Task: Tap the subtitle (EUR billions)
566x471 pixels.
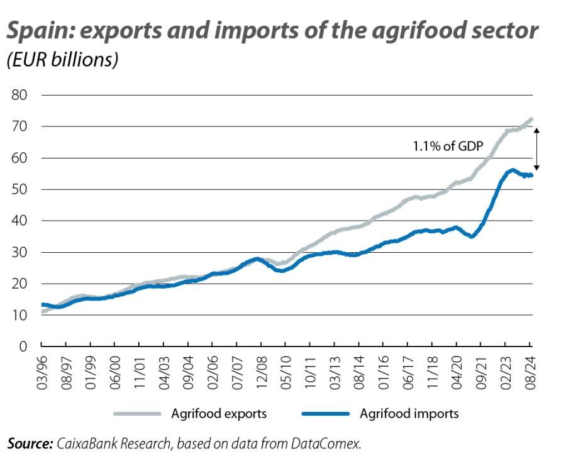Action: (x=62, y=60)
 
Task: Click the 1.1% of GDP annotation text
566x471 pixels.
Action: (x=447, y=147)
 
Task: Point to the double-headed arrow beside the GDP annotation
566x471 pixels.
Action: (x=536, y=147)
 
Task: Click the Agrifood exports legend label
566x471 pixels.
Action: (x=219, y=413)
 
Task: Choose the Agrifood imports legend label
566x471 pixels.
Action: (x=409, y=413)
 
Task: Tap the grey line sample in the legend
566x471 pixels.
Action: (x=137, y=414)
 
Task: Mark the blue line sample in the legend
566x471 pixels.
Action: (x=325, y=414)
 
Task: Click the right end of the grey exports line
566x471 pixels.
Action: (x=532, y=119)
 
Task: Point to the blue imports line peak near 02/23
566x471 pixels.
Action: (x=513, y=170)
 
